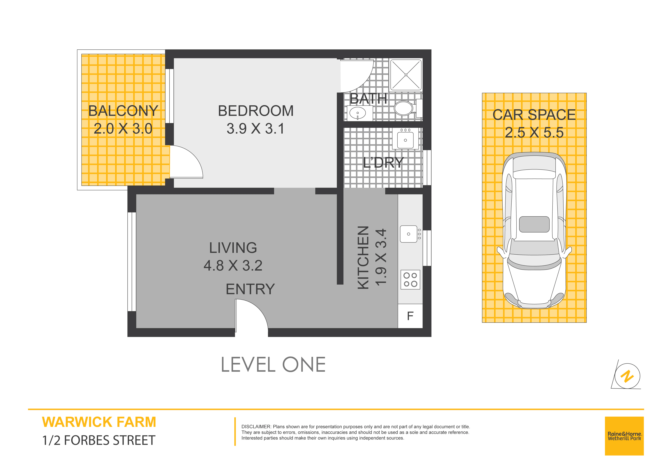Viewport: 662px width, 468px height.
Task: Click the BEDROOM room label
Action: click(x=256, y=111)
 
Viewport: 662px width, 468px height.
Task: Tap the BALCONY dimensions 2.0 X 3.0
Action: click(x=123, y=129)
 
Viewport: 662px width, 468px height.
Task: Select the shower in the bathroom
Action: click(x=406, y=75)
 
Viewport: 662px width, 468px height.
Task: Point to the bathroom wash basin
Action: click(x=358, y=113)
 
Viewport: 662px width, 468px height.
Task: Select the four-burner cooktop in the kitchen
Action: click(x=410, y=280)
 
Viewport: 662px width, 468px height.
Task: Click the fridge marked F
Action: click(x=410, y=316)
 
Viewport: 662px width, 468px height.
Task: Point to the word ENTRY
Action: click(x=250, y=289)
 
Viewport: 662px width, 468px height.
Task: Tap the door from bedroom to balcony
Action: click(x=186, y=162)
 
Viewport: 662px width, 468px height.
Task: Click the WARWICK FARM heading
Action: click(x=99, y=422)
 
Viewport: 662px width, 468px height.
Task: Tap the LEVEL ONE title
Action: click(x=273, y=365)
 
